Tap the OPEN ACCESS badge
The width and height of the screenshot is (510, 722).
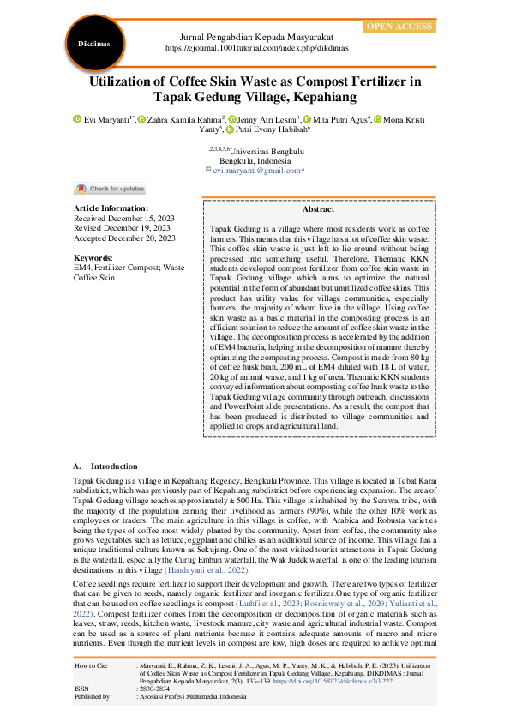(x=399, y=27)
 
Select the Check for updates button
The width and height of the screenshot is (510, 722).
(x=111, y=189)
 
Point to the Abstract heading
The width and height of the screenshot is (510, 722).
(x=318, y=209)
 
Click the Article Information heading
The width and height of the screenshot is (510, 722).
(x=111, y=208)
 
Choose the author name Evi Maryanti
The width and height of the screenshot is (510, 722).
(x=107, y=119)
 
